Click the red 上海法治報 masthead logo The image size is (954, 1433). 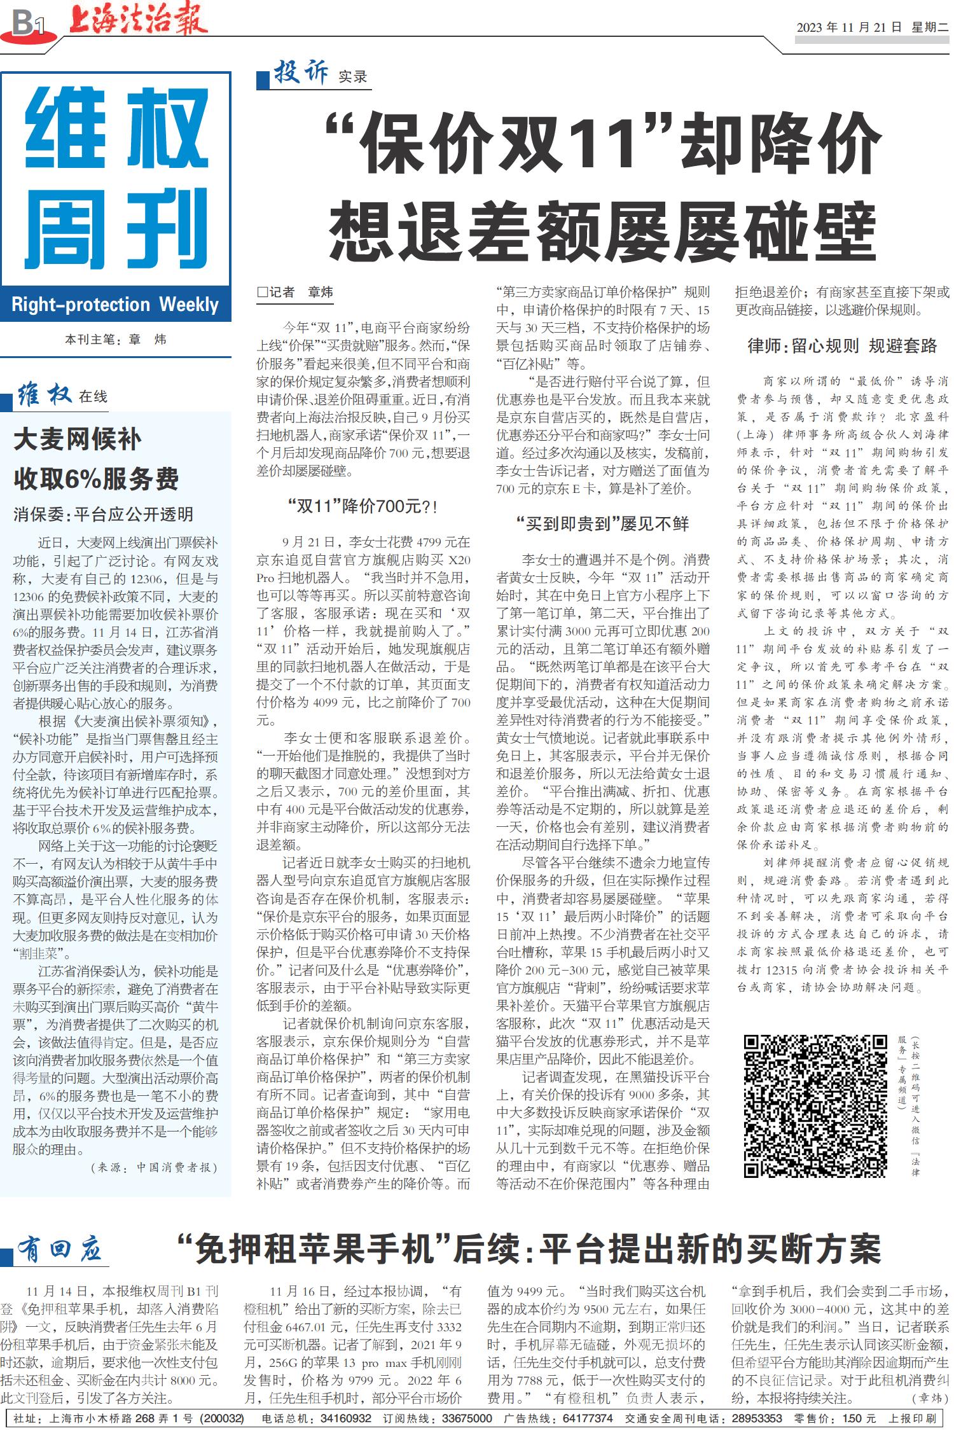[x=138, y=20]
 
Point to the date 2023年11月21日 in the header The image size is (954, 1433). [x=849, y=27]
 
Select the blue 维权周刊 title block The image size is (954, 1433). [x=116, y=178]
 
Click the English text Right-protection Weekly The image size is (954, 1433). [x=115, y=305]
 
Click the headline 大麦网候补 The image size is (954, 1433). [x=77, y=440]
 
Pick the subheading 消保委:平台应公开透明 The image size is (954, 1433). [x=103, y=514]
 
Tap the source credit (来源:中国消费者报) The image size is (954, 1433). [x=155, y=1167]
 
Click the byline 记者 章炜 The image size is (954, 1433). [x=295, y=293]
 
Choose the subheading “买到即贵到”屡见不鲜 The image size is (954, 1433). [x=603, y=524]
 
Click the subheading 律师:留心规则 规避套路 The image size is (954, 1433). [x=842, y=346]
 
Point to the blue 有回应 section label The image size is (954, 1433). [x=60, y=1250]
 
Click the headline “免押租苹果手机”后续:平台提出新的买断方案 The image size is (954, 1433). [x=529, y=1249]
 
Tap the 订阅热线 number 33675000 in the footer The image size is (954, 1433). [x=467, y=1418]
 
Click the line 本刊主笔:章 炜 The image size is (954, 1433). [x=115, y=340]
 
